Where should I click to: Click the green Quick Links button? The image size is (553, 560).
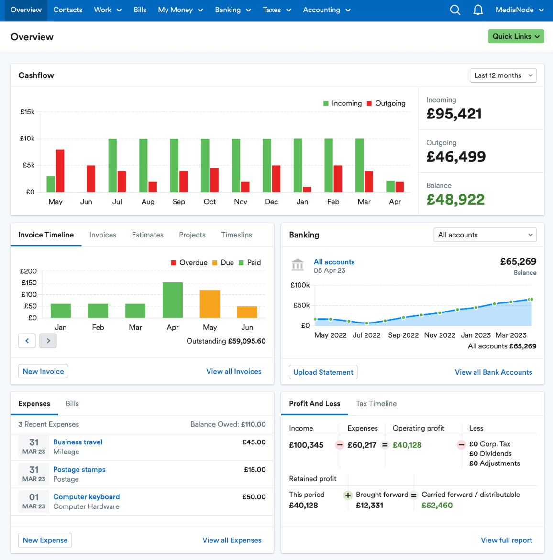tap(516, 36)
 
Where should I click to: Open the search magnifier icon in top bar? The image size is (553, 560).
tap(455, 10)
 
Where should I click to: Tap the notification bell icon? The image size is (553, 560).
tap(478, 10)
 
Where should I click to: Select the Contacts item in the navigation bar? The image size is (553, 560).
tap(67, 10)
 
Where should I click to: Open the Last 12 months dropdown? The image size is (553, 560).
tap(503, 75)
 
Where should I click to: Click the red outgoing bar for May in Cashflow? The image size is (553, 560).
tap(60, 171)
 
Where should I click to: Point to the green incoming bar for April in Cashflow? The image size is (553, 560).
tap(390, 186)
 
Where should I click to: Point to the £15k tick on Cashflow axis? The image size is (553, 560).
tap(27, 112)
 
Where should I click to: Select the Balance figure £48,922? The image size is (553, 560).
tap(455, 200)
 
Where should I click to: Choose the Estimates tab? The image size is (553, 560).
tap(147, 235)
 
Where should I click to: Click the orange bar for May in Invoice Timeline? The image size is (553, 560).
tap(210, 303)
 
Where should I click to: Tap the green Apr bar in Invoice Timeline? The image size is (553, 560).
tap(173, 300)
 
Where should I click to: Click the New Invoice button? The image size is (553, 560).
tap(43, 371)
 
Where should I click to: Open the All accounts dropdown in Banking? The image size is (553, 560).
tap(485, 235)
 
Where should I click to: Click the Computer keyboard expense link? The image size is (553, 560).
tap(86, 497)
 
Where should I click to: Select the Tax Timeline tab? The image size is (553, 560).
tap(376, 404)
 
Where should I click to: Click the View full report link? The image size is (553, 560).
tap(506, 540)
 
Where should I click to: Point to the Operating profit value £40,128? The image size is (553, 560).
tap(407, 445)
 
